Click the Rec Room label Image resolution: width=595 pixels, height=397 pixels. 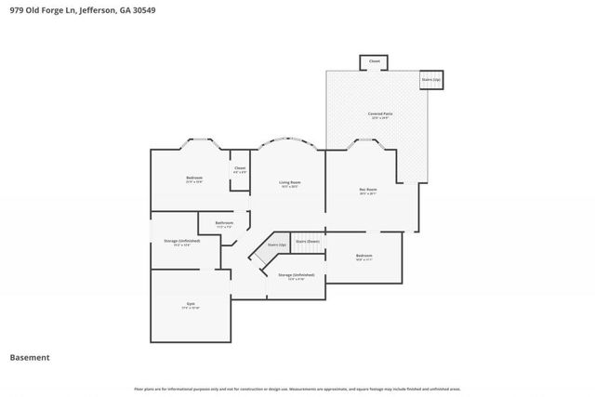click(x=368, y=191)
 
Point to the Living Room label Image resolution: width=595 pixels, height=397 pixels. click(x=289, y=183)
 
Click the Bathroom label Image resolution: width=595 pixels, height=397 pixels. click(x=224, y=223)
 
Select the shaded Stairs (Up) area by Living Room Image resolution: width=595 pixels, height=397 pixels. click(x=275, y=246)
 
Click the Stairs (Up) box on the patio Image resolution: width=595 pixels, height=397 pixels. click(x=430, y=80)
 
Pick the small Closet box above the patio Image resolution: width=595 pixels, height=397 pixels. click(x=375, y=61)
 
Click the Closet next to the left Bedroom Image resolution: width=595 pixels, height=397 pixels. click(x=239, y=169)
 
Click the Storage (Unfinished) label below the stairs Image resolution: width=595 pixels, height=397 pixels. click(x=296, y=275)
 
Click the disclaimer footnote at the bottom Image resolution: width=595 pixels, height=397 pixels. click(x=297, y=390)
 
